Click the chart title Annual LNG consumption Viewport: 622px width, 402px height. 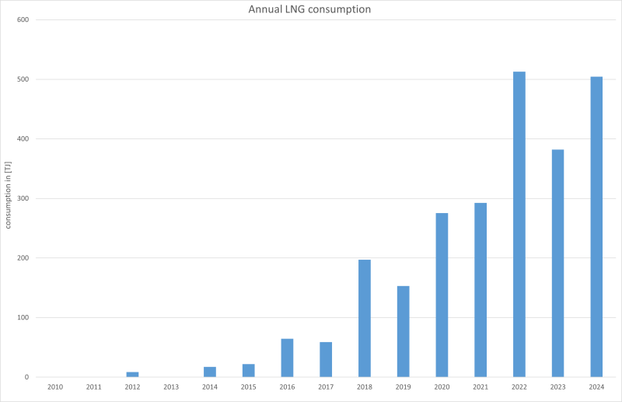(x=309, y=9)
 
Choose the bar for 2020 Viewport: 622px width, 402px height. (x=442, y=295)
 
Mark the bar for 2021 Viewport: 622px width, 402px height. (x=480, y=290)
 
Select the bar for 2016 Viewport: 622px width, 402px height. (x=287, y=358)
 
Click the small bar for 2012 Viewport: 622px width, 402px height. (x=132, y=375)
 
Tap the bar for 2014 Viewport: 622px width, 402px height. (x=210, y=372)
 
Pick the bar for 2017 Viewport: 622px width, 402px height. (x=326, y=359)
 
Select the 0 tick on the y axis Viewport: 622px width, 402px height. (x=26, y=377)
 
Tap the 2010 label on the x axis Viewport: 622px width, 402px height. (x=55, y=386)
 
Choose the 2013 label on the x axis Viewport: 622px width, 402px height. (x=171, y=386)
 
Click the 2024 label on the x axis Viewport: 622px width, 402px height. (x=596, y=386)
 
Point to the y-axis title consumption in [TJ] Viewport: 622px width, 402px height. (x=9, y=199)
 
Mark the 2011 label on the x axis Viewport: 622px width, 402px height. (x=93, y=386)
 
